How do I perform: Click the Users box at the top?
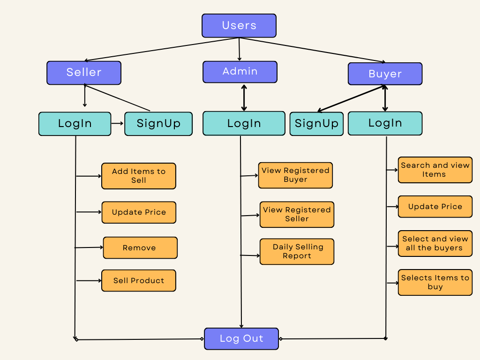coord(239,25)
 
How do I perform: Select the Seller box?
coord(84,73)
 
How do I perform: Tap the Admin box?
coord(240,72)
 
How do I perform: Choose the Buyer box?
coord(385,74)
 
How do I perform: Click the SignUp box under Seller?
coord(158,124)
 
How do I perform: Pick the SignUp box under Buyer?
coord(316,124)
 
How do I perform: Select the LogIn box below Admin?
coord(244,123)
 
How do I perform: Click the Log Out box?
coord(241,338)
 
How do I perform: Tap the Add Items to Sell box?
coord(139,176)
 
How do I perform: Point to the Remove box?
coord(140,247)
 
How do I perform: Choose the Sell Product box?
coord(139,280)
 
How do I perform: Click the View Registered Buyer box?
coord(295,175)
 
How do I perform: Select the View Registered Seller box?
coord(297,214)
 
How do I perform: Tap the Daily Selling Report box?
coord(297,251)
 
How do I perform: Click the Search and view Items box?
coord(435,170)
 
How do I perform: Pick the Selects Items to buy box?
coord(435,282)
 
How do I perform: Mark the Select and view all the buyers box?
coord(435,243)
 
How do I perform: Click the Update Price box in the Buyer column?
coord(435,207)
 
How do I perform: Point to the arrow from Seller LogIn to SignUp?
coord(118,124)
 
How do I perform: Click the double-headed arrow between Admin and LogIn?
coord(244,97)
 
